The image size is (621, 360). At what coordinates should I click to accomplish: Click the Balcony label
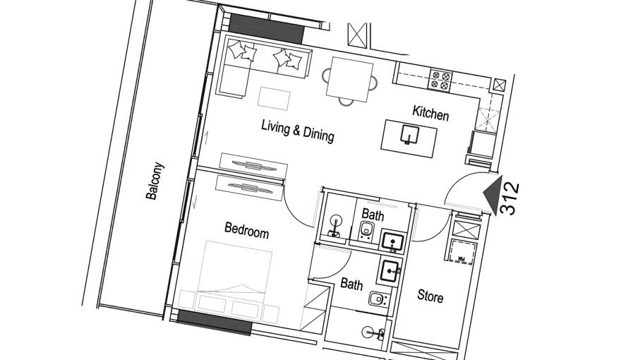[x=155, y=181]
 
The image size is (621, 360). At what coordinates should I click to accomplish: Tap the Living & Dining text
[x=297, y=131]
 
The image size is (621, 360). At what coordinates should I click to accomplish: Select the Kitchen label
[x=430, y=112]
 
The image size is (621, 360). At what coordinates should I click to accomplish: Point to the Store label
[x=430, y=296]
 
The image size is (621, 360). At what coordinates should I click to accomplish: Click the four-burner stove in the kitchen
[x=441, y=80]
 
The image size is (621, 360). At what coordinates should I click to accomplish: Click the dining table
[x=349, y=78]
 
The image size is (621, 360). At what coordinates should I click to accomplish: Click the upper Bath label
[x=373, y=215]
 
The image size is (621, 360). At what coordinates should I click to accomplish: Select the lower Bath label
[x=351, y=285]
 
